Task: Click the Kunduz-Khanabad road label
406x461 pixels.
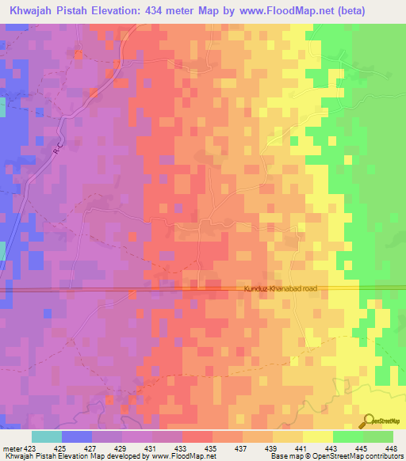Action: click(277, 289)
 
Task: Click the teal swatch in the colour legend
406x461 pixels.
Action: click(46, 436)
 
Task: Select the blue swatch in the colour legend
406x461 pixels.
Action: click(77, 436)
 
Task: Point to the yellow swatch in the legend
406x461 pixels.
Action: click(317, 436)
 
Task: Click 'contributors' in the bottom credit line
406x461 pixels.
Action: click(384, 456)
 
